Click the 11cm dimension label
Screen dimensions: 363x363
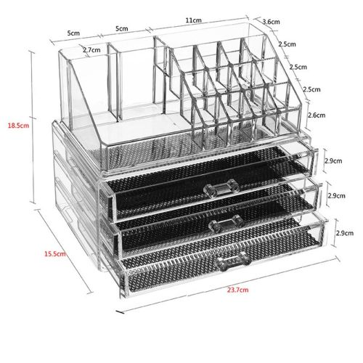pos(193,20)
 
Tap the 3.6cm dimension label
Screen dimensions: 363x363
pos(272,22)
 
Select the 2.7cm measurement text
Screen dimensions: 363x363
pos(91,50)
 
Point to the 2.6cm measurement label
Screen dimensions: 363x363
pos(317,115)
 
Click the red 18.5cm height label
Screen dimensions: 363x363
pos(18,126)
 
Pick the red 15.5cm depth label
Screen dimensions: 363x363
pos(55,254)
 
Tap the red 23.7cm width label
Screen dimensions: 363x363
pos(237,290)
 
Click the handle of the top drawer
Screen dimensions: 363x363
pos(221,188)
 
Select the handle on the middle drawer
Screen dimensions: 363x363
pos(227,223)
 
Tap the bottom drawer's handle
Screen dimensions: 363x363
pos(233,261)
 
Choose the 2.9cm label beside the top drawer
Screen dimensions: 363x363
pos(333,160)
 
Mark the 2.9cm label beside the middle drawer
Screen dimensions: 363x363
pos(336,195)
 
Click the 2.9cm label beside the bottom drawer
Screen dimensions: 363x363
pos(345,233)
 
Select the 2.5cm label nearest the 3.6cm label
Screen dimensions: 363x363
pos(287,44)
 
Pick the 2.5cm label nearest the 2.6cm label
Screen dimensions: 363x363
pos(311,89)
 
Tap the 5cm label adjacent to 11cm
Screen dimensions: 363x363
pos(122,29)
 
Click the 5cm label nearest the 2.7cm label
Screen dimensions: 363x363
pos(73,33)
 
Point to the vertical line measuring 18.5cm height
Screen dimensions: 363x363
pos(33,127)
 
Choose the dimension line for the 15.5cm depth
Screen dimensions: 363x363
pos(65,250)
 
